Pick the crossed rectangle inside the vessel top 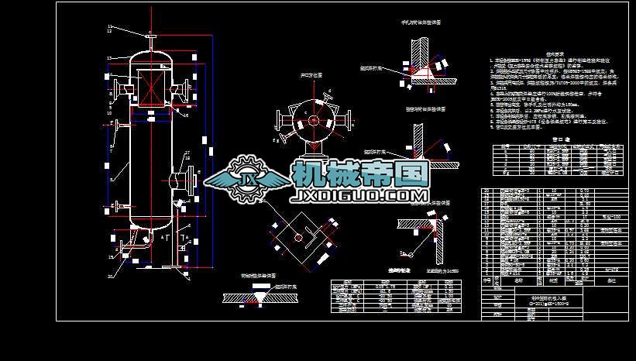(150, 86)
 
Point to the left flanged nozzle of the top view (280, 120)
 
